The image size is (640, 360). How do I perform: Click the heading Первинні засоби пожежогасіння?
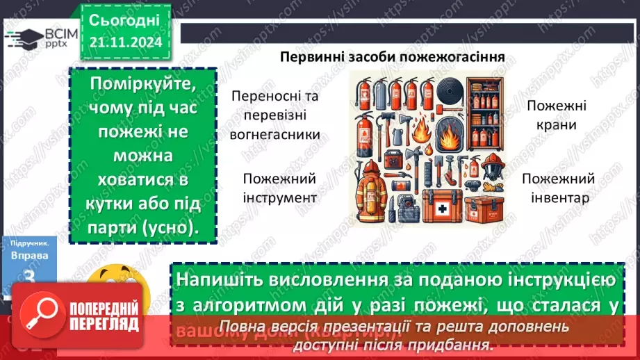pos(392,56)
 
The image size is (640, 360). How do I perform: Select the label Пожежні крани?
pos(556,115)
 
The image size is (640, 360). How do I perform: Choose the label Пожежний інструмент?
pos(280,188)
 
